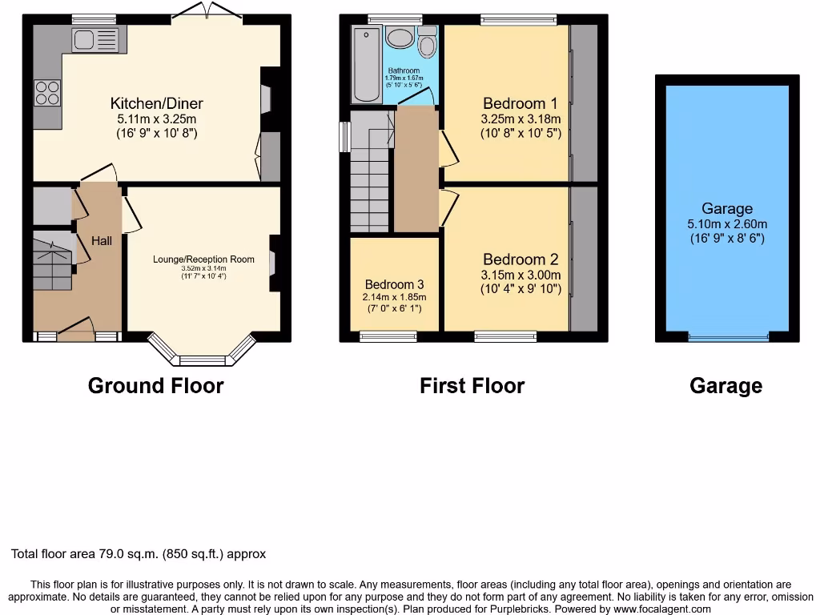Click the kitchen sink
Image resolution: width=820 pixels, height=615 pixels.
[94, 38]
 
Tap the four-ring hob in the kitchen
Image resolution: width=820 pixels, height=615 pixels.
[47, 93]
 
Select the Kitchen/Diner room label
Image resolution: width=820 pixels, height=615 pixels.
[156, 103]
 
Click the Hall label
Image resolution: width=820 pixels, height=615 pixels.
[102, 240]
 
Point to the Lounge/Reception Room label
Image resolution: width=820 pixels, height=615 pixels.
[203, 259]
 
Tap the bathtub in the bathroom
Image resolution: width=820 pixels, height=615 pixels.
[367, 64]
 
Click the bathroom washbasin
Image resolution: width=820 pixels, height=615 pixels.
[399, 37]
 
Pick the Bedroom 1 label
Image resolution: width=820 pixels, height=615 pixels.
[520, 103]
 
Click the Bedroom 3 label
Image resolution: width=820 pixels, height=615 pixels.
[394, 284]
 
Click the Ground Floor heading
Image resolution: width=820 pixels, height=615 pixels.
[155, 386]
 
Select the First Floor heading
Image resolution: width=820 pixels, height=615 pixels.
[472, 386]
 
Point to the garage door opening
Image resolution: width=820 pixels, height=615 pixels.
[727, 337]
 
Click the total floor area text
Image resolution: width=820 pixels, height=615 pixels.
[139, 553]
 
